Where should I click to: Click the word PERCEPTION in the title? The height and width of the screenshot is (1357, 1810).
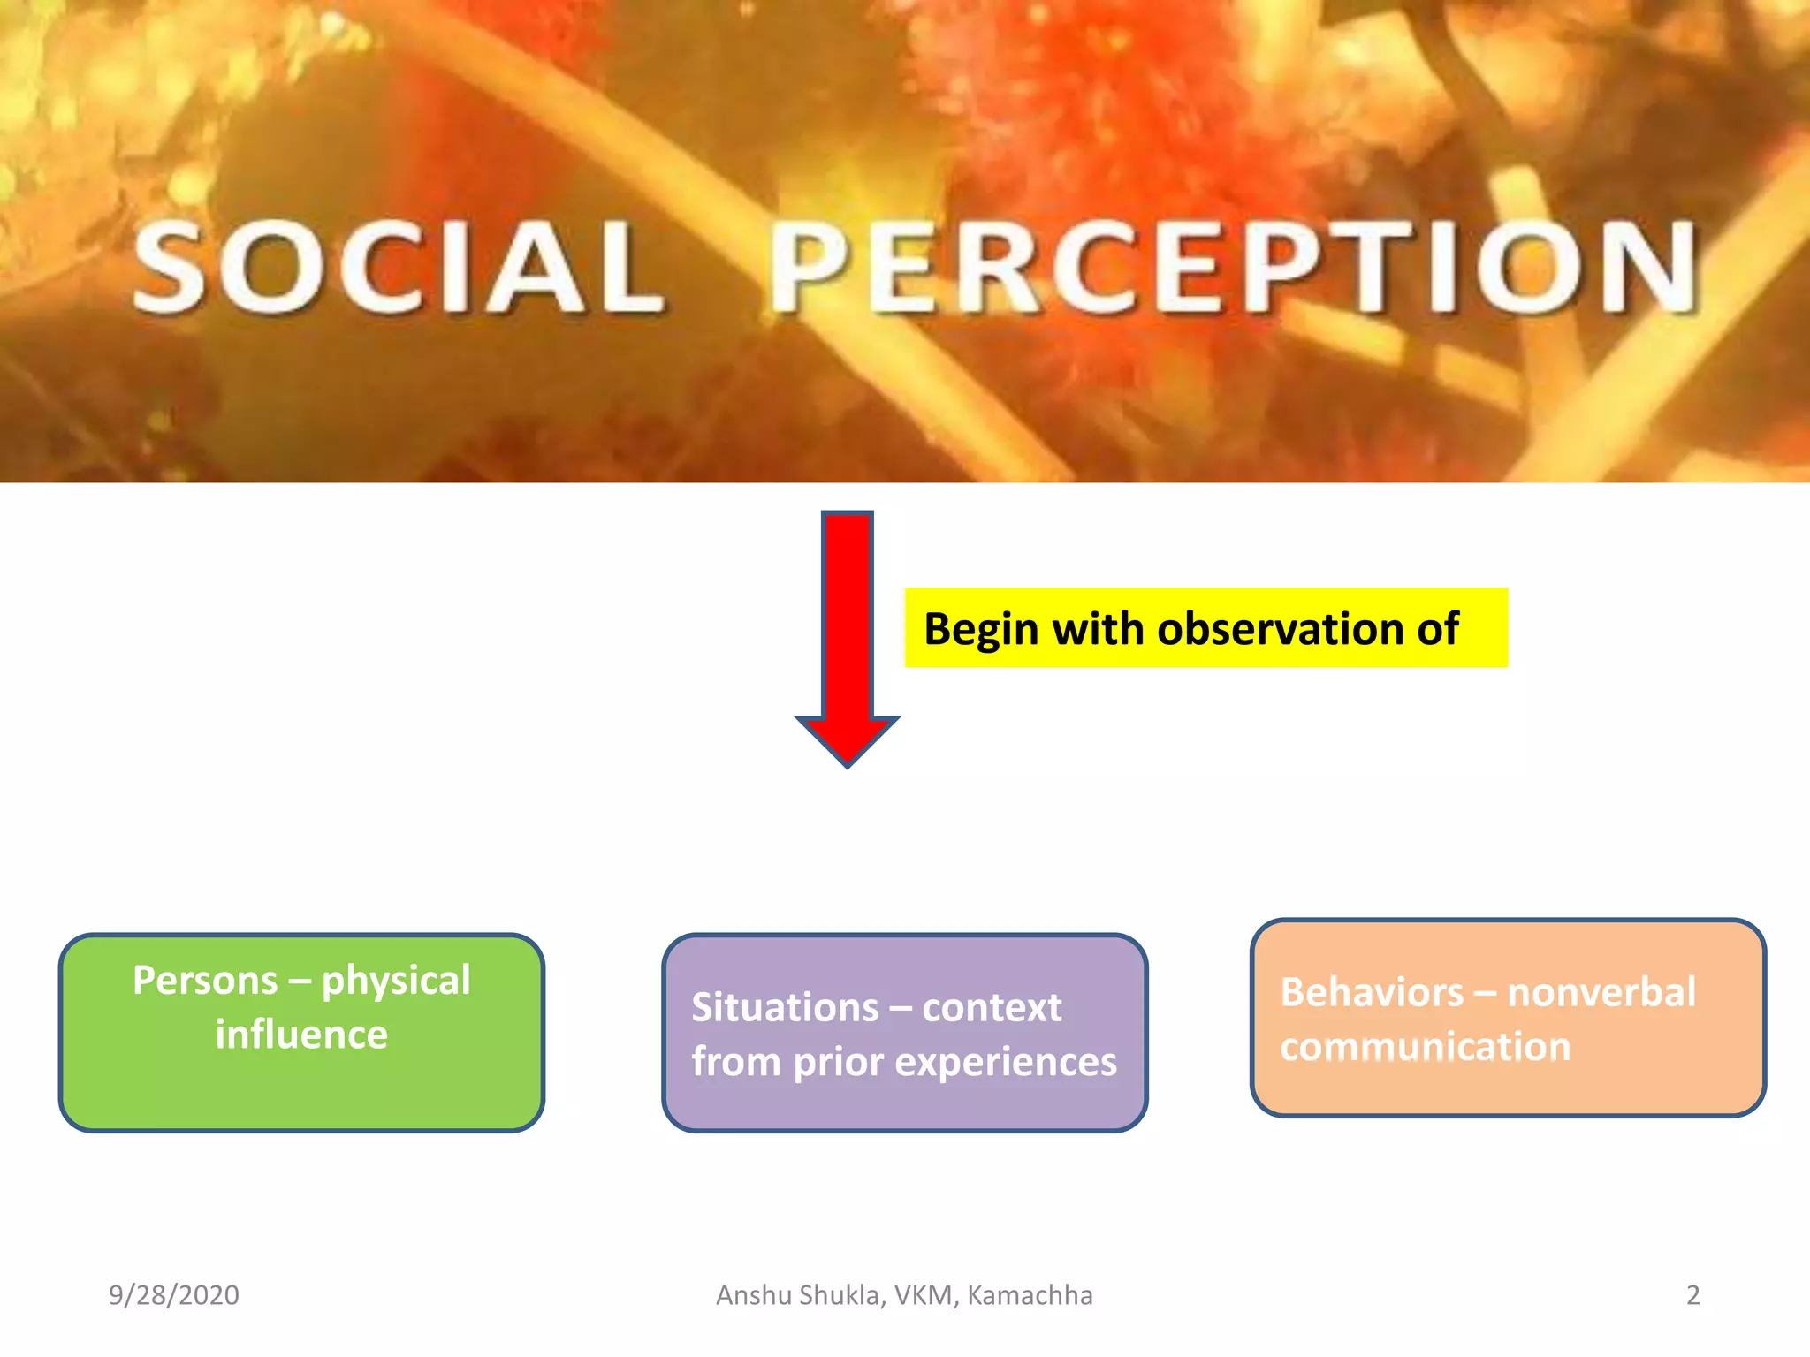[x=1233, y=268]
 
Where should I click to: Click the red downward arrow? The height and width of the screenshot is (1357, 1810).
[x=847, y=636]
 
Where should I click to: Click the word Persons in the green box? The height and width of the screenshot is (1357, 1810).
[x=205, y=980]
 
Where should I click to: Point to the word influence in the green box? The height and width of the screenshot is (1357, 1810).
[x=301, y=1035]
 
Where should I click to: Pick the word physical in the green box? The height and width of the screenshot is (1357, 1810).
[x=396, y=982]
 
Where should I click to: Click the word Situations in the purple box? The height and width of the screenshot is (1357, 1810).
[x=785, y=1007]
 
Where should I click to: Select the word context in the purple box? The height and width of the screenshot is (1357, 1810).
[x=992, y=1008]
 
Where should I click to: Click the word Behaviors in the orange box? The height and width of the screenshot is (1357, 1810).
[x=1372, y=992]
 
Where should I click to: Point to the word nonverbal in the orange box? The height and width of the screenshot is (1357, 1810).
[x=1601, y=992]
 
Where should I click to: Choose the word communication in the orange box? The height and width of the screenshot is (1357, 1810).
[x=1426, y=1047]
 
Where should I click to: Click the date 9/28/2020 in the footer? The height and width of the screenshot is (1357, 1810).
[x=174, y=1295]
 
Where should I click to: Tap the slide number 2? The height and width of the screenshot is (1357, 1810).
[x=1692, y=1295]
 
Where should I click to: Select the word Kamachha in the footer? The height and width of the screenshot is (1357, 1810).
[x=1030, y=1295]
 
